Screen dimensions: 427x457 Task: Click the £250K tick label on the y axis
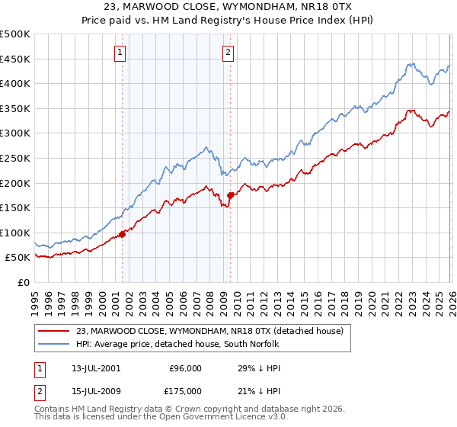(15, 158)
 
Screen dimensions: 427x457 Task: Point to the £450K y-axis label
(15, 59)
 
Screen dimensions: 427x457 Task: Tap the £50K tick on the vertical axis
(18, 258)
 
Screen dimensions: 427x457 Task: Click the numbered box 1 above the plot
(121, 53)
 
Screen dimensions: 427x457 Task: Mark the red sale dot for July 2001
(123, 234)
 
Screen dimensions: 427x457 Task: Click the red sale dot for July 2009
(230, 195)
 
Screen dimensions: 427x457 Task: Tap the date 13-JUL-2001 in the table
(91, 368)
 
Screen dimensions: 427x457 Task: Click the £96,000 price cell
(184, 368)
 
